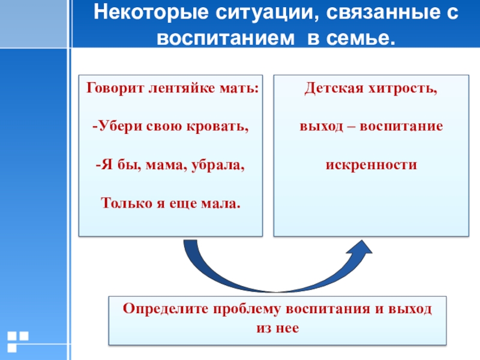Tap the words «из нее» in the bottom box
tap(277, 329)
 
